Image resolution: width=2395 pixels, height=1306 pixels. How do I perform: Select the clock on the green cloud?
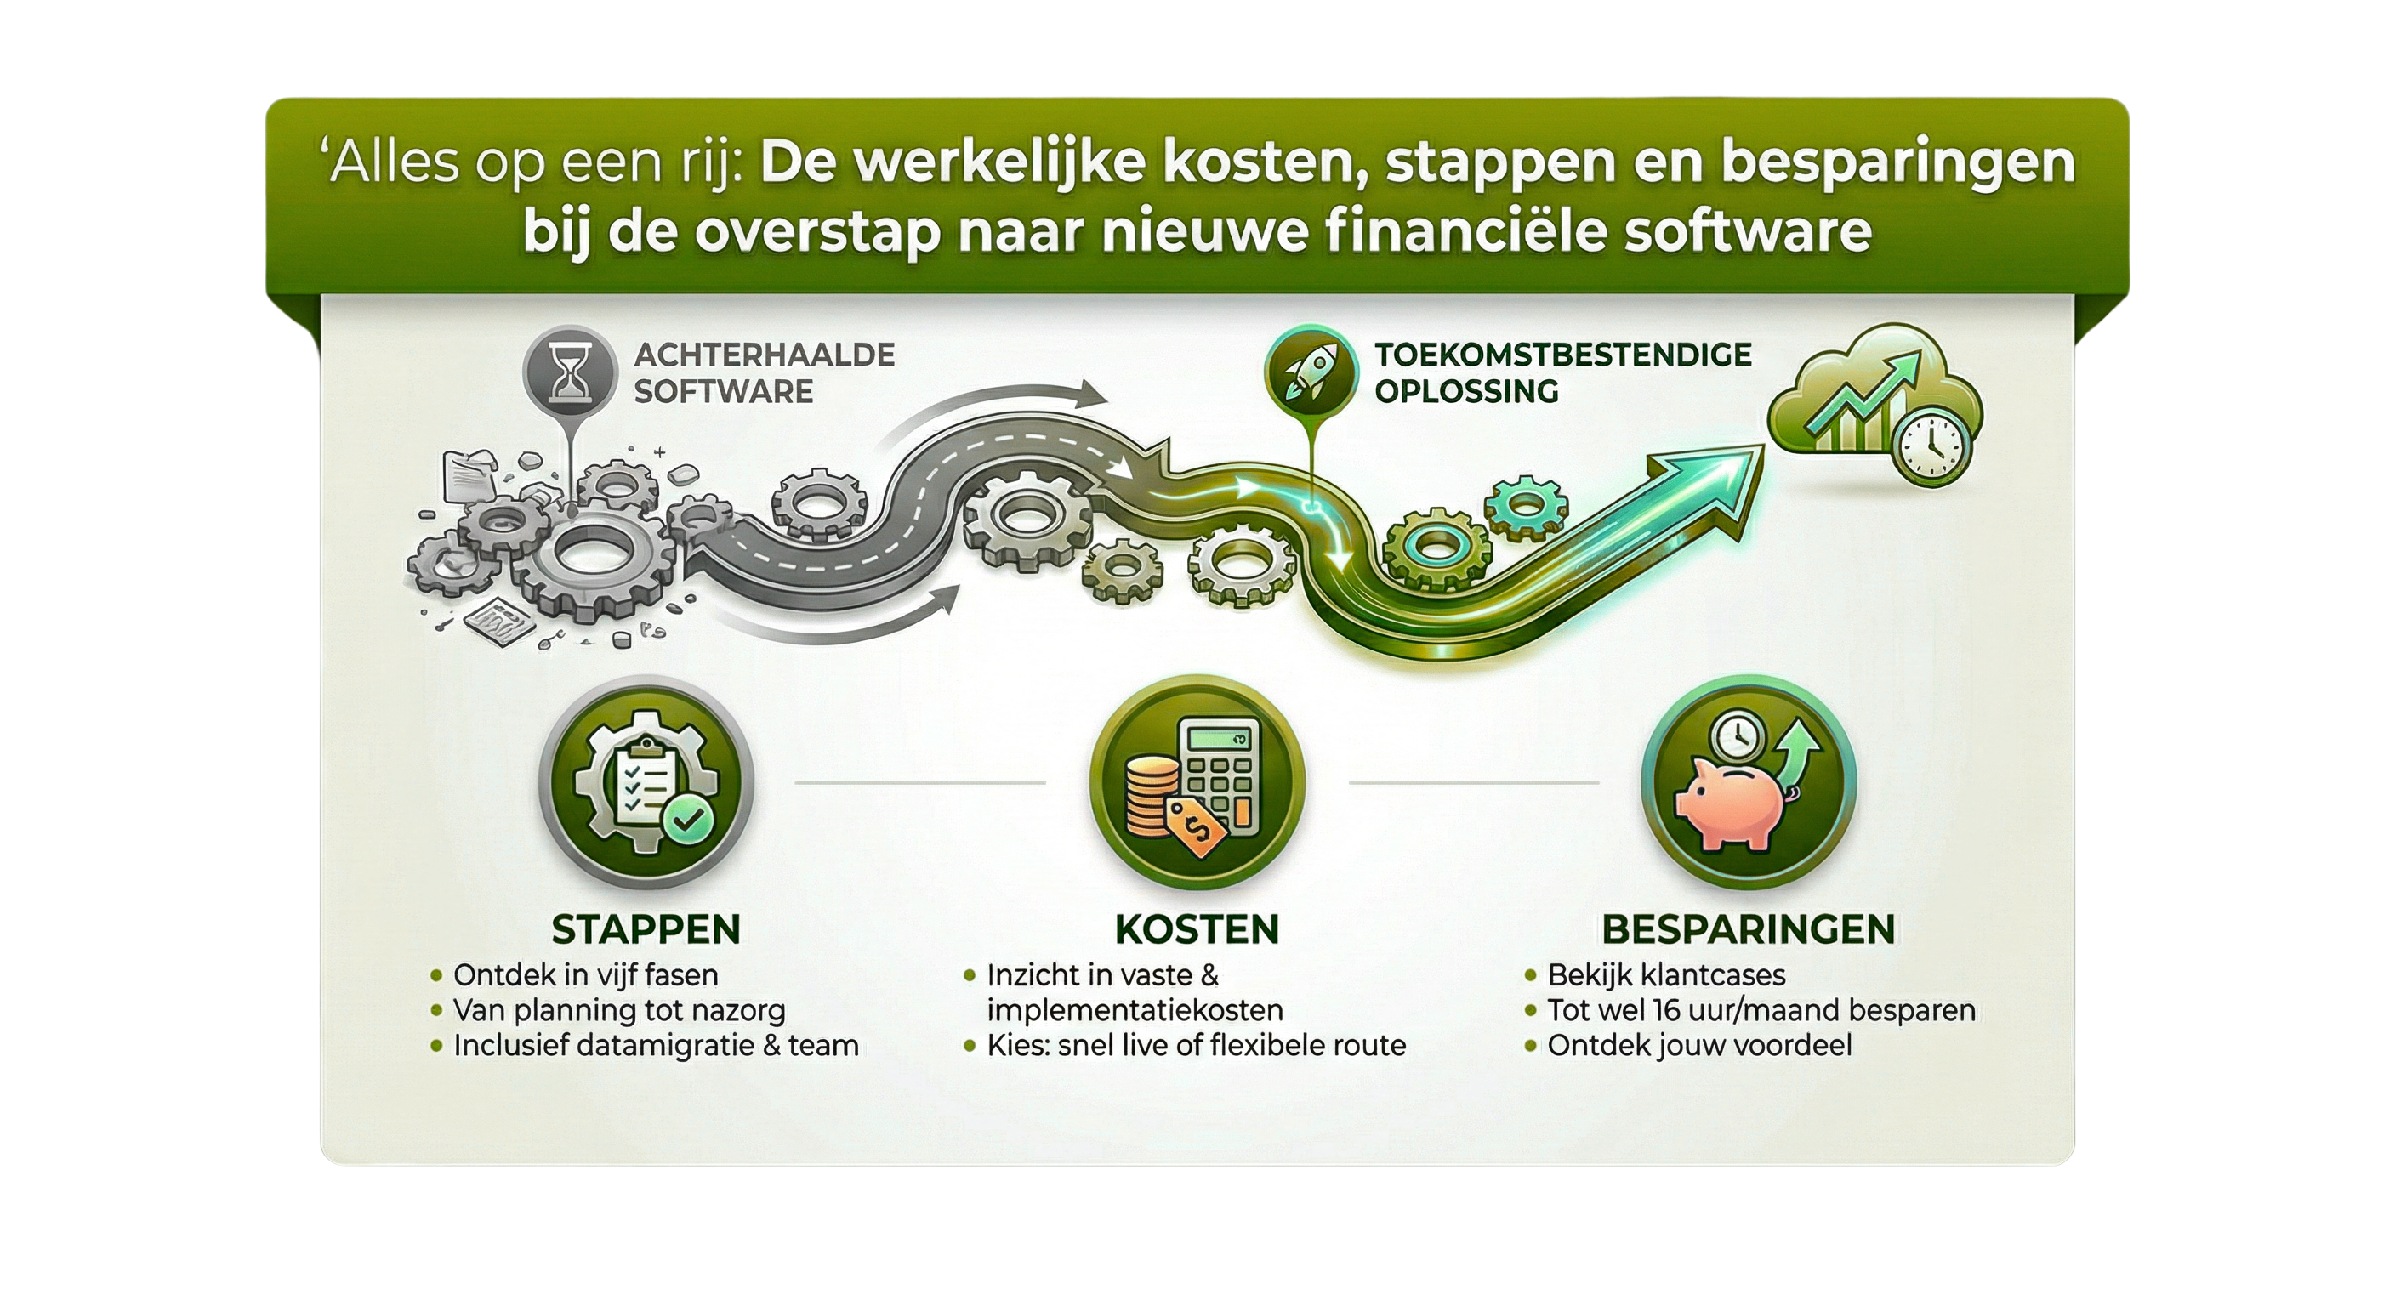point(1930,447)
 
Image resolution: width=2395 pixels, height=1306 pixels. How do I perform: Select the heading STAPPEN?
point(646,929)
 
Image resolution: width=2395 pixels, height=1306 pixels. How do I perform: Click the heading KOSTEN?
point(1197,929)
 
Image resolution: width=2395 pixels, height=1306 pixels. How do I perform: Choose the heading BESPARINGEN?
point(1748,929)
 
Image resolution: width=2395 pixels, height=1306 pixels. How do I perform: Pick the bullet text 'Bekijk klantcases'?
point(1666,975)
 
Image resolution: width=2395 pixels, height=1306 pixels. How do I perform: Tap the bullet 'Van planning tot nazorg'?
point(619,1010)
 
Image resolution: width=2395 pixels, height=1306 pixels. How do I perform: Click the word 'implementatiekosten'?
point(1135,1010)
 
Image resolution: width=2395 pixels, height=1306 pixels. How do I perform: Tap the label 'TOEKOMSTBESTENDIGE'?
point(1563,355)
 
